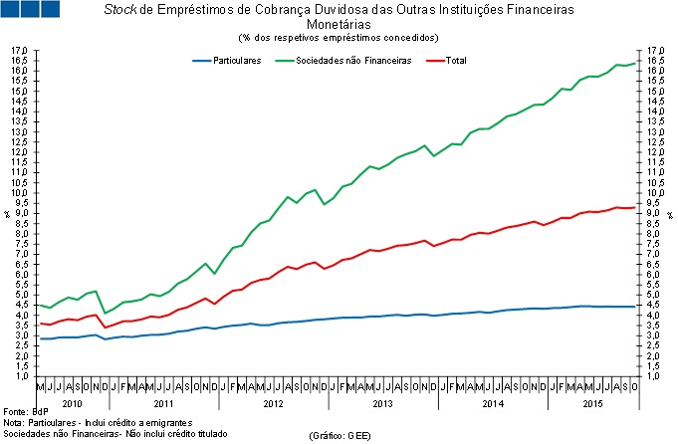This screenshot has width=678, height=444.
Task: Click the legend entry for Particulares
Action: point(237,61)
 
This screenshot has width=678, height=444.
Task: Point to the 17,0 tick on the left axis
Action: point(18,51)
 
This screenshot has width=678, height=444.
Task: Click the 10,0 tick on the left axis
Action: point(18,193)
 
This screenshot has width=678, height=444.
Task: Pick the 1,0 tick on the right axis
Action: point(653,376)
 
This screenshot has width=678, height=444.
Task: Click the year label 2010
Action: point(72,404)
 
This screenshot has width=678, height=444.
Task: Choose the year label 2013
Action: point(382,404)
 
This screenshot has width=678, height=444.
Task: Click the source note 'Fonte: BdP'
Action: point(26,411)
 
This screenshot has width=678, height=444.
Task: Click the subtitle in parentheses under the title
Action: point(338,37)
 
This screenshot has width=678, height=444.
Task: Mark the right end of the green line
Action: point(635,63)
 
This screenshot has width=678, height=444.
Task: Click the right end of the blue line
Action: point(635,306)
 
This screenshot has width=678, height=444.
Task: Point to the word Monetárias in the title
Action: point(338,24)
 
